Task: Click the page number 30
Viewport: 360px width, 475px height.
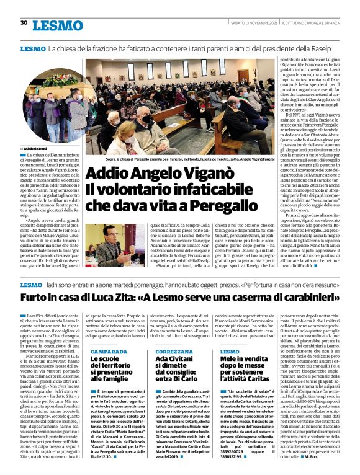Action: pos(24,23)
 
